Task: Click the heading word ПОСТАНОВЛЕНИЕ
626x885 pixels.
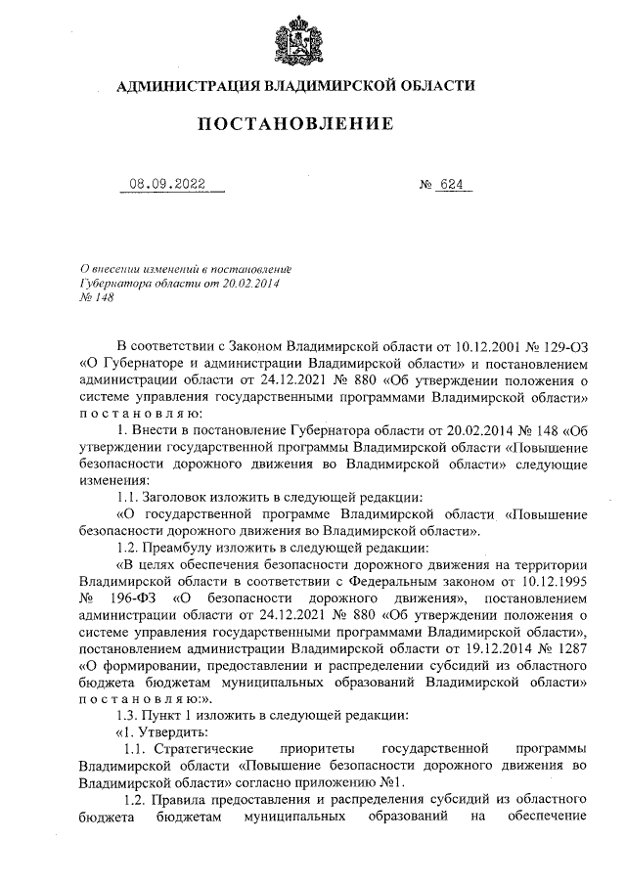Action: click(x=296, y=124)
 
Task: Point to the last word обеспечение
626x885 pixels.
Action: click(x=547, y=815)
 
